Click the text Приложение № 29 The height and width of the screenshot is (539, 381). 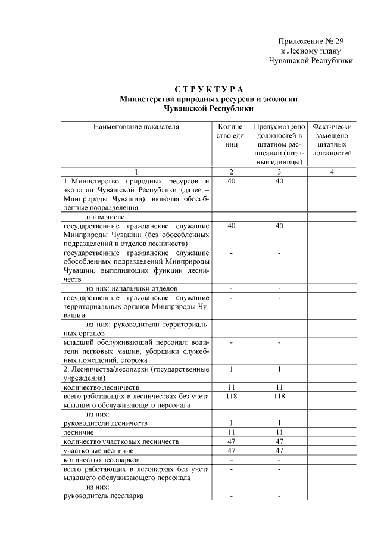tap(311, 41)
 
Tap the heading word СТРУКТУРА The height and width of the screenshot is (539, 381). tap(191, 89)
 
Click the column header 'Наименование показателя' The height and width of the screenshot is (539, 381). tap(136, 127)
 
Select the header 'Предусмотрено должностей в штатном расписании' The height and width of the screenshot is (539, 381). tap(279, 144)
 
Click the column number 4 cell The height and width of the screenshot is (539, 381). tap(332, 172)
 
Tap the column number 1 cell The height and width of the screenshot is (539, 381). tap(136, 172)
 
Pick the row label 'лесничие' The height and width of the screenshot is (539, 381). tap(77, 432)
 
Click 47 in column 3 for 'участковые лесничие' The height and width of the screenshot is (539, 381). tap(279, 451)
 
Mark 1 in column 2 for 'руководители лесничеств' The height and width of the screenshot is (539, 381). tap(231, 423)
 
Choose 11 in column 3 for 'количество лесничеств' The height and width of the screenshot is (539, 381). tap(279, 387)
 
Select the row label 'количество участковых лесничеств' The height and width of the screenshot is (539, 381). tap(121, 441)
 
